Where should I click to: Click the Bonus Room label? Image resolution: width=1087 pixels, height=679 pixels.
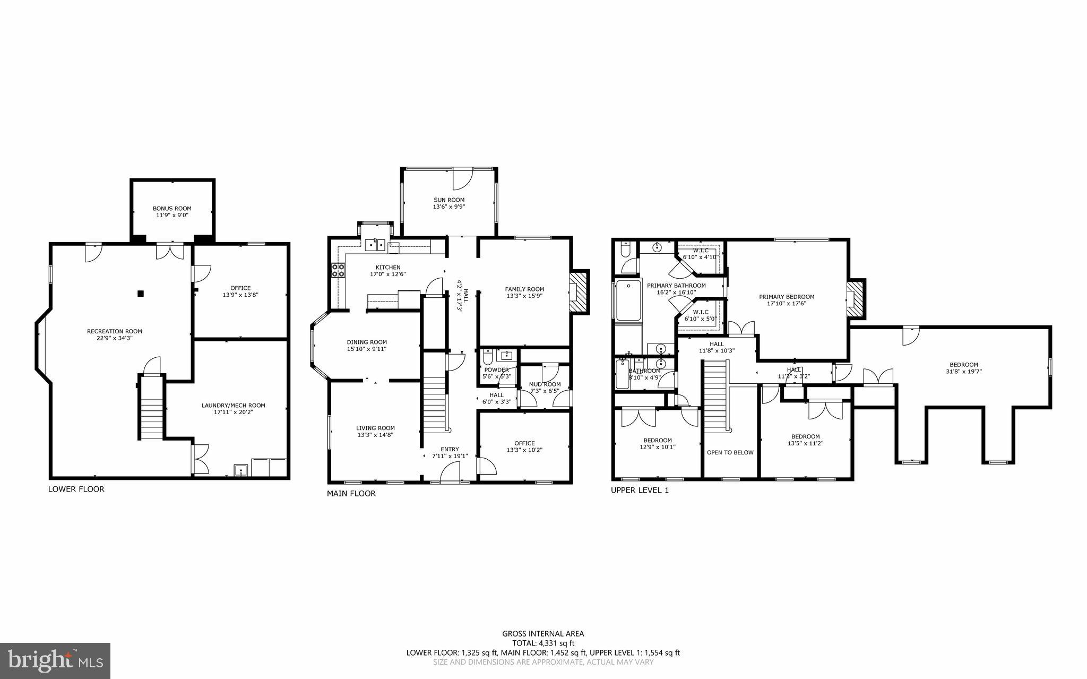[172, 209]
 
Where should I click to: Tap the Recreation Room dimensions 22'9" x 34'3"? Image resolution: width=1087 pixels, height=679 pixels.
[115, 338]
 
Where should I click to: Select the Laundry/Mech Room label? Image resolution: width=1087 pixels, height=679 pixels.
[233, 406]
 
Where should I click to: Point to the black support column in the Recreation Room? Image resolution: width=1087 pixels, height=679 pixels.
[140, 293]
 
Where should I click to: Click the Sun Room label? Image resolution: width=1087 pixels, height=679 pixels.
[449, 200]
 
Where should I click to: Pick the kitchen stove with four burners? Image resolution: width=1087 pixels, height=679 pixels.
[338, 271]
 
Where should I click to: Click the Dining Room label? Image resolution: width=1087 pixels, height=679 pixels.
[367, 342]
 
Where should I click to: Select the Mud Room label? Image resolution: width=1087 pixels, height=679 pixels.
[545, 384]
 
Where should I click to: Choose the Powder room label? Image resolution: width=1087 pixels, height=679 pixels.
[496, 369]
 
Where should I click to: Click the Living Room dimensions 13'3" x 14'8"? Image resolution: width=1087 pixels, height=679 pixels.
[375, 435]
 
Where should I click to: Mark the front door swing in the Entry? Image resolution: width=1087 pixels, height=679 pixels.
[451, 471]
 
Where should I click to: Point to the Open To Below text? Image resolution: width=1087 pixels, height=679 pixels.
[730, 452]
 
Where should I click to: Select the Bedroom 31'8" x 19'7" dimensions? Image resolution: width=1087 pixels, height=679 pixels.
[963, 372]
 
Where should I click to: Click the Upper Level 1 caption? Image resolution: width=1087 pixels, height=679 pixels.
[640, 490]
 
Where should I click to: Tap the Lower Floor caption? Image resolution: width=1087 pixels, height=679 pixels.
[76, 489]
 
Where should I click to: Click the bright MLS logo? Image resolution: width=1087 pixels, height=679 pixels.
[55, 660]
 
